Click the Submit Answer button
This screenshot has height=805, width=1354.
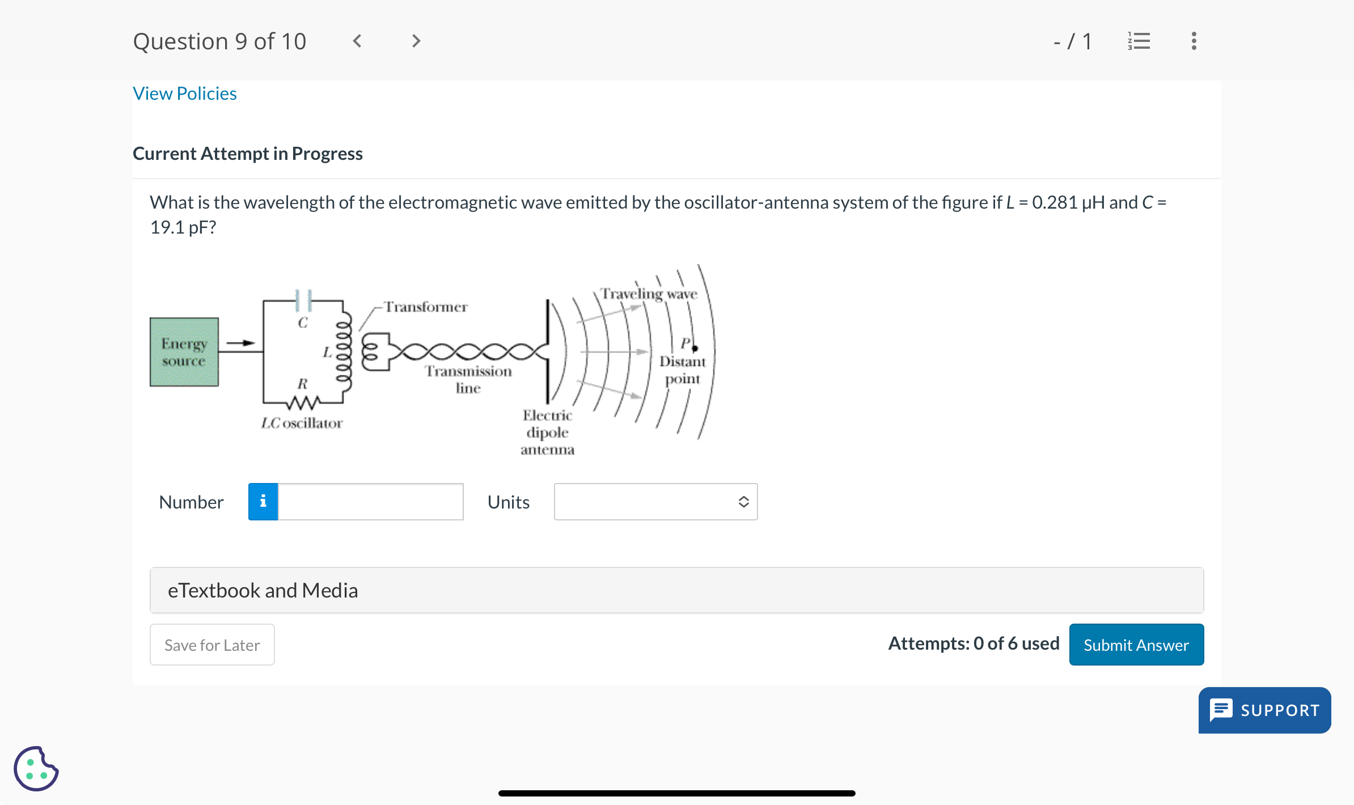pyautogui.click(x=1136, y=645)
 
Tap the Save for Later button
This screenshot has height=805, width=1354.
pyautogui.click(x=212, y=645)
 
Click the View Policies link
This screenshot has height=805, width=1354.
pyautogui.click(x=185, y=94)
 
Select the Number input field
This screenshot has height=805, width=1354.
pyautogui.click(x=370, y=502)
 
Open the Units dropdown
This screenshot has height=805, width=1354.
pyautogui.click(x=655, y=502)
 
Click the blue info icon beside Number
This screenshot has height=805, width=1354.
pyautogui.click(x=263, y=502)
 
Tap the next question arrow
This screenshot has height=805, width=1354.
pyautogui.click(x=416, y=41)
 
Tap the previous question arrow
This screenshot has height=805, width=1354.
pyautogui.click(x=357, y=41)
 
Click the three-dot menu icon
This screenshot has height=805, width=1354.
pyautogui.click(x=1194, y=41)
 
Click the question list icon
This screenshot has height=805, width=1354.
pyautogui.click(x=1139, y=41)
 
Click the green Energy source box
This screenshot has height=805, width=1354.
pyautogui.click(x=184, y=352)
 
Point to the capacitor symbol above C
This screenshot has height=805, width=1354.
pyautogui.click(x=303, y=300)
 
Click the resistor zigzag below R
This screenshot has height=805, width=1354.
pyautogui.click(x=303, y=403)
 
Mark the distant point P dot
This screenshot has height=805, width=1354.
pyautogui.click(x=695, y=348)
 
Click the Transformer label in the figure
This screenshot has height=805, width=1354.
pyautogui.click(x=426, y=307)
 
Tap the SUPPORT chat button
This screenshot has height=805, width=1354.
pyautogui.click(x=1264, y=710)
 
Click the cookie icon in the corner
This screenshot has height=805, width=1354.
pyautogui.click(x=36, y=769)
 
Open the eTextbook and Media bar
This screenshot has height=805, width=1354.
pyautogui.click(x=676, y=590)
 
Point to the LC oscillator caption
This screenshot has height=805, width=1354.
pyautogui.click(x=302, y=423)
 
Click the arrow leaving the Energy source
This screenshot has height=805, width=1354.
pyautogui.click(x=241, y=342)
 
